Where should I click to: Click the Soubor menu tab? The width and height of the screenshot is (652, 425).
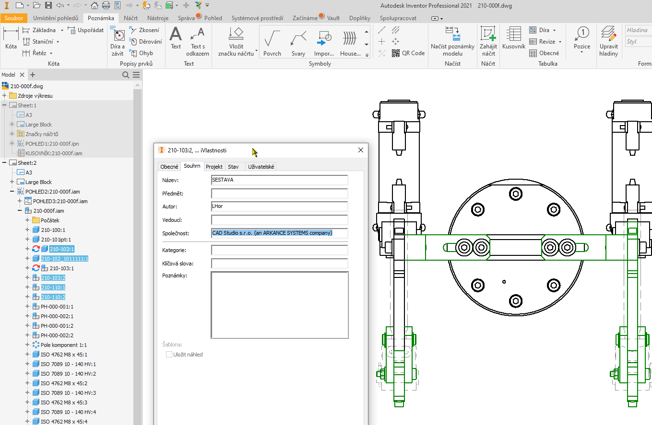[14, 18]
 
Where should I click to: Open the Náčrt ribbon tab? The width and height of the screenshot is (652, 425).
[130, 18]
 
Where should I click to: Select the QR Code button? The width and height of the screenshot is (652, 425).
[408, 53]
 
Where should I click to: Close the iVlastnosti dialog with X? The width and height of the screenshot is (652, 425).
[361, 150]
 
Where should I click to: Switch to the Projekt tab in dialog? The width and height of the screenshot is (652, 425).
[214, 167]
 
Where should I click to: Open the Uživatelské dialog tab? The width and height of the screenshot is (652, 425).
[261, 167]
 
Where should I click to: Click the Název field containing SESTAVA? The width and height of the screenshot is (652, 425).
[279, 180]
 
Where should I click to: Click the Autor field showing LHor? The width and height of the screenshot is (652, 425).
[279, 207]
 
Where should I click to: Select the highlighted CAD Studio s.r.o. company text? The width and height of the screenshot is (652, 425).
[272, 233]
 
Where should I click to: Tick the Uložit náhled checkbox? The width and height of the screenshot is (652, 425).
[169, 355]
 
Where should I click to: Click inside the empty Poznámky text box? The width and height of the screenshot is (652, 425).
[279, 305]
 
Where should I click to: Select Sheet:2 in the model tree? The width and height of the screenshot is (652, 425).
[27, 163]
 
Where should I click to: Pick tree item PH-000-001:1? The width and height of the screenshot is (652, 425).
[57, 307]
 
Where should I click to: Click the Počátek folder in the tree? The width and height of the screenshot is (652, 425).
[50, 220]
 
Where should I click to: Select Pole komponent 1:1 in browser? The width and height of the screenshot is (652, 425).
[63, 345]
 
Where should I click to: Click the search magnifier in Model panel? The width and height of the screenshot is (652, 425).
[126, 75]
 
